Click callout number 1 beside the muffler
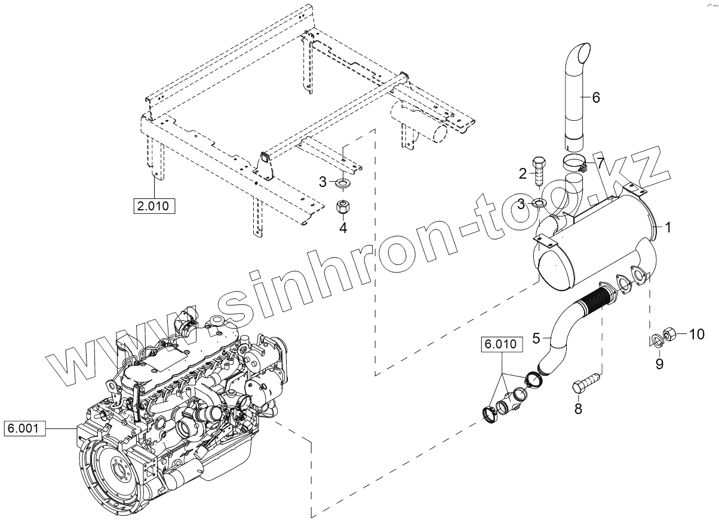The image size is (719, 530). click(669, 228)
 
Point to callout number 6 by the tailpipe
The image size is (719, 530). click(596, 97)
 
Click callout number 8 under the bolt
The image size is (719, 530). click(578, 409)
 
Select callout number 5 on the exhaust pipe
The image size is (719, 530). click(536, 338)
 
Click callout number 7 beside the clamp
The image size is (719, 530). click(600, 162)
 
